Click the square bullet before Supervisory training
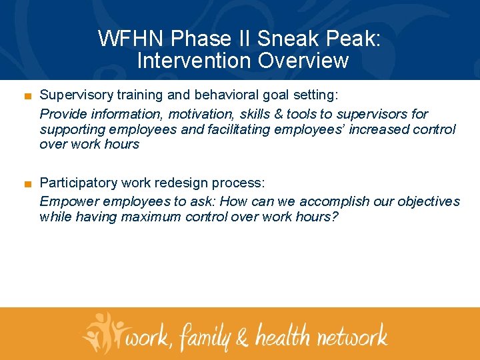[27, 95]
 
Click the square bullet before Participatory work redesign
[27, 183]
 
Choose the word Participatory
[76, 183]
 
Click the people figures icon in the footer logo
[103, 332]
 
